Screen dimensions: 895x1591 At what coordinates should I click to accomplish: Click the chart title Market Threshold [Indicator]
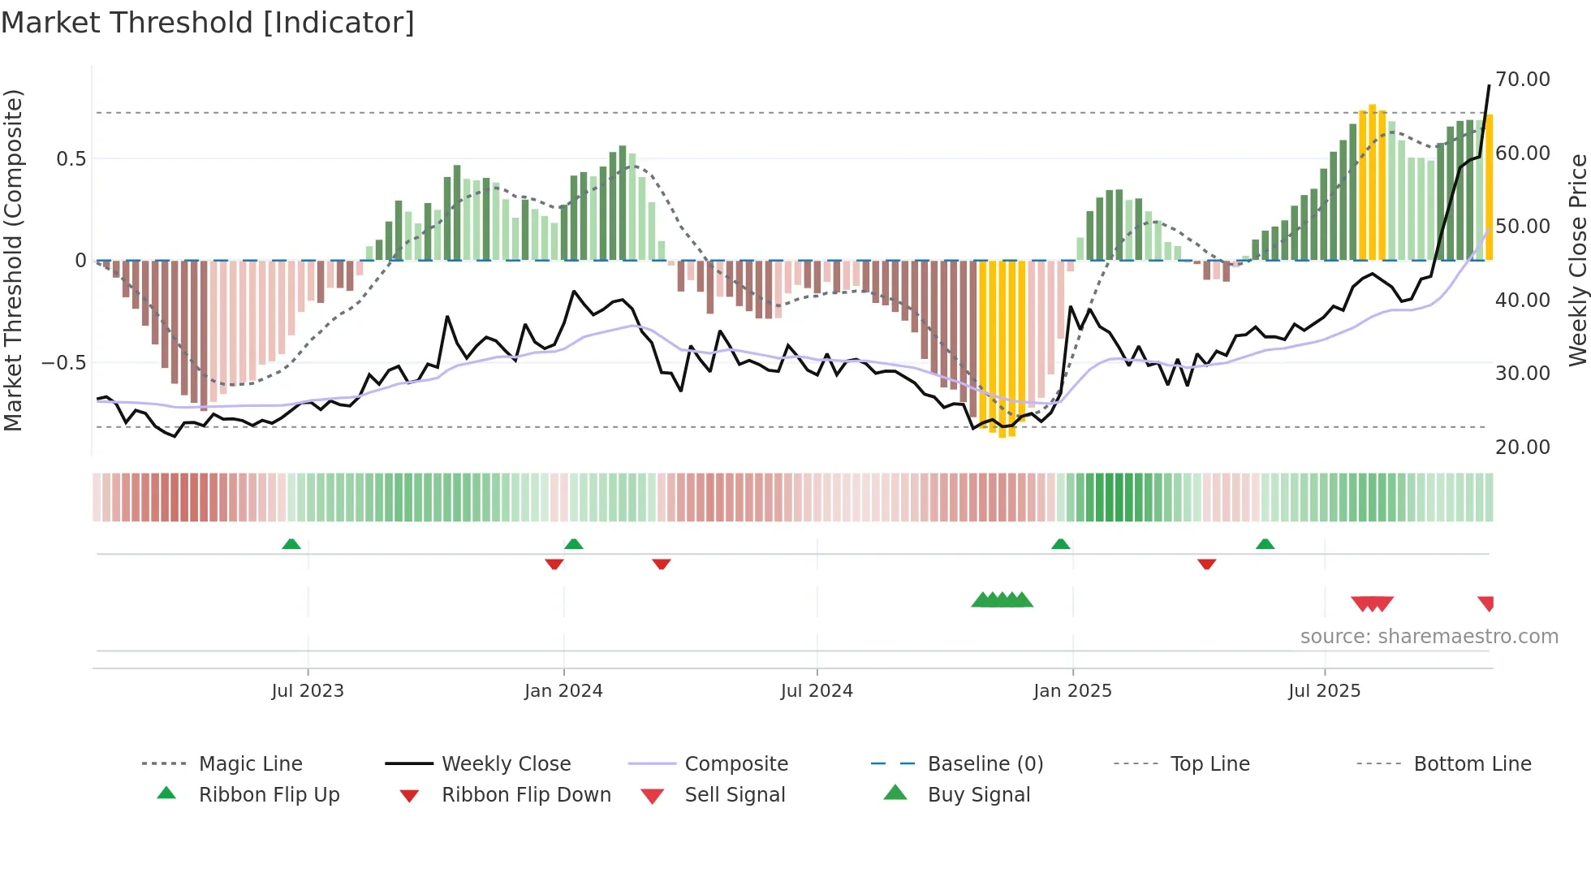tap(208, 23)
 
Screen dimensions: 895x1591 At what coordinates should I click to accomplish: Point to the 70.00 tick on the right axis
tap(1522, 80)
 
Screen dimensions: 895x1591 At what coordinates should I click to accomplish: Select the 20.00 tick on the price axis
tap(1522, 447)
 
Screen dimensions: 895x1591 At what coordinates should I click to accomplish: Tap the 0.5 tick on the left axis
tap(71, 158)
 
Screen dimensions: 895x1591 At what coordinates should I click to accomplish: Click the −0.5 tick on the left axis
tap(64, 362)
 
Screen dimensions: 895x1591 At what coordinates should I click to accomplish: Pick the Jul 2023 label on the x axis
tap(308, 691)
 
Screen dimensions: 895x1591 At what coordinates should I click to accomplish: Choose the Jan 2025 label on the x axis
tap(1072, 691)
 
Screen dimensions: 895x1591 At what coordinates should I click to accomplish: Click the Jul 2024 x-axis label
tap(817, 691)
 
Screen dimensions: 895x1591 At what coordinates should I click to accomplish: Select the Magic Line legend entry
tap(250, 764)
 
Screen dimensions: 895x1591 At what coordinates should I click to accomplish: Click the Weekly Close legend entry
tap(506, 764)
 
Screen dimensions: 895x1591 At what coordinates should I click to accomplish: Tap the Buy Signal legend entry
tap(978, 795)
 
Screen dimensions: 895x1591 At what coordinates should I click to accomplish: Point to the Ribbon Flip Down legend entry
tap(526, 795)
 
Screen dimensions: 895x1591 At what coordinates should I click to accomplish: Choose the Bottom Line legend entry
tap(1472, 764)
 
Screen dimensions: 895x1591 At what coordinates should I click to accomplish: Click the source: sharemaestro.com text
tap(1429, 637)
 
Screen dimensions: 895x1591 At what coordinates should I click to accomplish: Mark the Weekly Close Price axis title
tap(1577, 260)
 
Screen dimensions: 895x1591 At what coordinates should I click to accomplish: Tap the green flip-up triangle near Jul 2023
tap(291, 544)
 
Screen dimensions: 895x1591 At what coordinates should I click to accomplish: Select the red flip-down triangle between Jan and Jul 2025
tap(1206, 564)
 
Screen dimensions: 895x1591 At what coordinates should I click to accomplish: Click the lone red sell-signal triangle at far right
tap(1486, 603)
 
